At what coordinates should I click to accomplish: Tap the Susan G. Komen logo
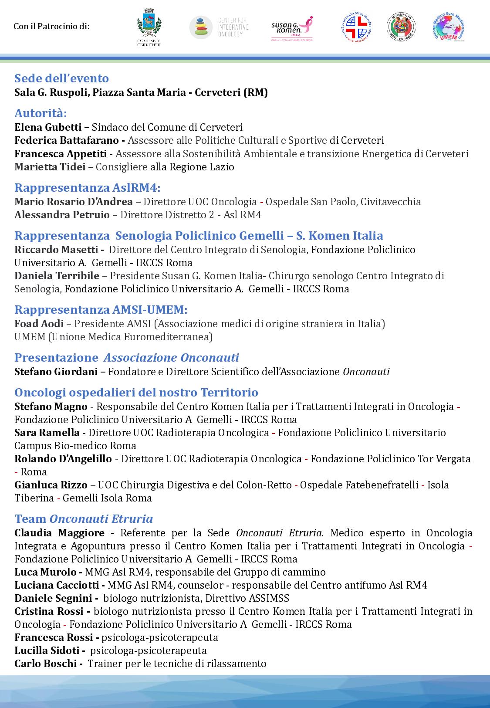pyautogui.click(x=292, y=27)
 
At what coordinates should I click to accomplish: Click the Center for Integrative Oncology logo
pyautogui.click(x=219, y=27)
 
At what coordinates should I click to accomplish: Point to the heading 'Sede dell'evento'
pyautogui.click(x=61, y=78)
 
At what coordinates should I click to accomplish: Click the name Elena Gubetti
pyautogui.click(x=48, y=127)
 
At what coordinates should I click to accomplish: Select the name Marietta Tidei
pyautogui.click(x=50, y=167)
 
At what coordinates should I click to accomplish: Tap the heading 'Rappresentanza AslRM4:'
pyautogui.click(x=87, y=188)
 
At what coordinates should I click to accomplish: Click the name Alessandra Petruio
pyautogui.click(x=62, y=215)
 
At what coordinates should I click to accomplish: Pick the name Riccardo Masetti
pyautogui.click(x=56, y=250)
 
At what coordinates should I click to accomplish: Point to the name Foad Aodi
pyautogui.click(x=39, y=324)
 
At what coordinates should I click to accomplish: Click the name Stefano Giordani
pyautogui.click(x=56, y=372)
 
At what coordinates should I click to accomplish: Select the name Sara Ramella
pyautogui.click(x=47, y=433)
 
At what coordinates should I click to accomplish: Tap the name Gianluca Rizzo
pyautogui.click(x=50, y=485)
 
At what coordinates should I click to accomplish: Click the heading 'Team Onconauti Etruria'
pyautogui.click(x=84, y=519)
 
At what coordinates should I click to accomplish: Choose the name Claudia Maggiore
pyautogui.click(x=59, y=533)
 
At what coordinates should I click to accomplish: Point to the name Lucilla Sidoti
pyautogui.click(x=47, y=650)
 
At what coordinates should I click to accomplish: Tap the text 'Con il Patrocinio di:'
pyautogui.click(x=51, y=27)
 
